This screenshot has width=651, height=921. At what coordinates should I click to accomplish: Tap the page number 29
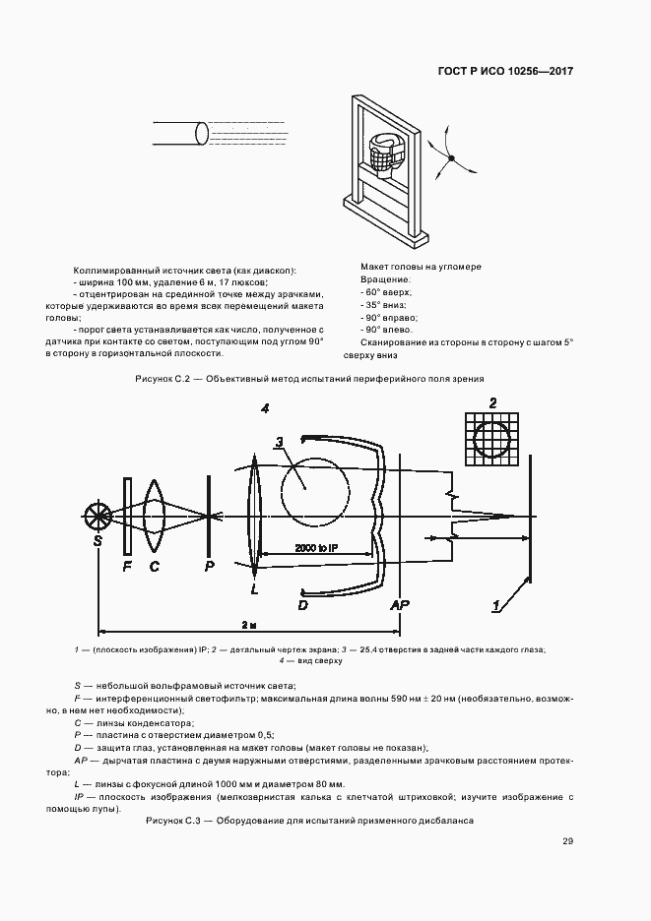(x=568, y=840)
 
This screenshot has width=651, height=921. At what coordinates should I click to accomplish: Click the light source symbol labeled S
(x=98, y=517)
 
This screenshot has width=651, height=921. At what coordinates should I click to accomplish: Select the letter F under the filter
(x=127, y=566)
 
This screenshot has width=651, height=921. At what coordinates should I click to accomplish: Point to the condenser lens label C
(x=155, y=566)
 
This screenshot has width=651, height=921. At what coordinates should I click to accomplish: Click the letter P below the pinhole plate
(x=208, y=566)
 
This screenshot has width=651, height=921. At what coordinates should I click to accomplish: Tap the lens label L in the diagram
(x=254, y=587)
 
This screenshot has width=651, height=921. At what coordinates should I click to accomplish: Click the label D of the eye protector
(x=303, y=603)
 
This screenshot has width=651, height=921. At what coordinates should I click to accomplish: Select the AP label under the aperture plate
(x=400, y=602)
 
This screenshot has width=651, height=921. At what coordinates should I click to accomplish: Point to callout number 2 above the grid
(x=492, y=402)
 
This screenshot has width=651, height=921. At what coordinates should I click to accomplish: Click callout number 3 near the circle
(x=280, y=442)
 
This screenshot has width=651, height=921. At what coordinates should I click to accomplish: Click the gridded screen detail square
(x=492, y=439)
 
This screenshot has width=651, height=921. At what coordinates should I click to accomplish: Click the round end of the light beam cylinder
(x=202, y=133)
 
